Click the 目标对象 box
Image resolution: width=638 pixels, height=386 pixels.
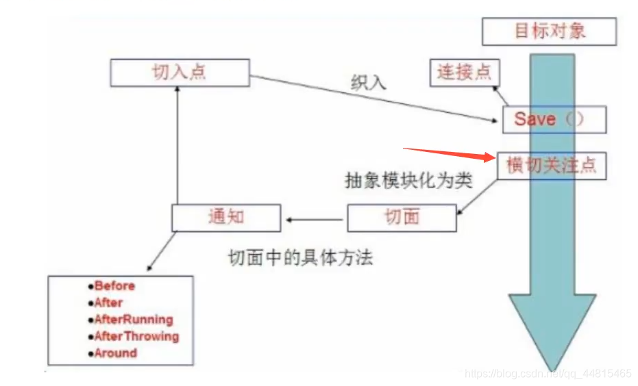click(550, 31)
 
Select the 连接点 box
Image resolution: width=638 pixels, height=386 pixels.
click(465, 72)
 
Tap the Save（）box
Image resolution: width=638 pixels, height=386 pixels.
click(554, 119)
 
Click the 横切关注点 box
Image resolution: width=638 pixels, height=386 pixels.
click(552, 166)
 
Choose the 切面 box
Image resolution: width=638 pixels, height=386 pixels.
click(402, 218)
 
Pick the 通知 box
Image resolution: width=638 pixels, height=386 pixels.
click(226, 218)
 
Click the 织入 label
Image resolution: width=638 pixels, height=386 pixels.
click(368, 82)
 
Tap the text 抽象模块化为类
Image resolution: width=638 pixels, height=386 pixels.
click(409, 181)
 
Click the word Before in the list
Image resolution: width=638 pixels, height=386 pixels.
click(114, 286)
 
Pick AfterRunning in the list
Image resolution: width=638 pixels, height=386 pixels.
click(133, 320)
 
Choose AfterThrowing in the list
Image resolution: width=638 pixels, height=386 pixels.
click(136, 336)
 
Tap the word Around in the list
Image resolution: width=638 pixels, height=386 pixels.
click(115, 353)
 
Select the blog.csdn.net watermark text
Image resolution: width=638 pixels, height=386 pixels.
click(548, 374)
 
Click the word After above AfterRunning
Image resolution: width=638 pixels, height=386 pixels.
click(108, 303)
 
